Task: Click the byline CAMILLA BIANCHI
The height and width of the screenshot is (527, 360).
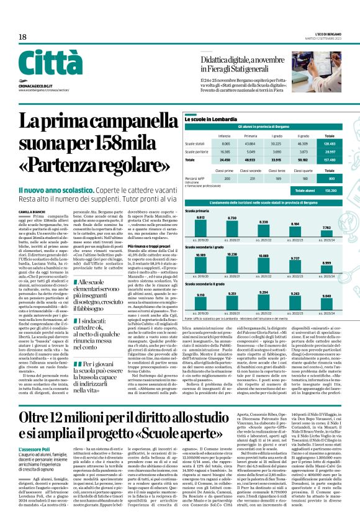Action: [x=32, y=212]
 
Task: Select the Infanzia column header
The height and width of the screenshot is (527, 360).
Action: [x=224, y=135]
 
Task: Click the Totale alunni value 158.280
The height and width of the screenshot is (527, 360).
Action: [x=330, y=190]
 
